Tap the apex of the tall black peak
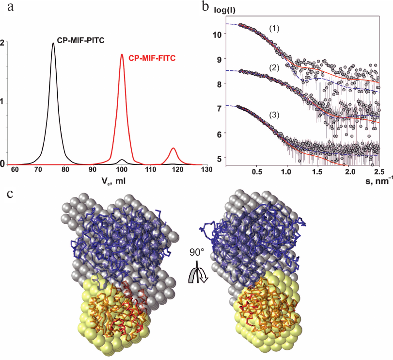(53, 43)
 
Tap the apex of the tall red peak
(122, 54)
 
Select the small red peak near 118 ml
(173, 149)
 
